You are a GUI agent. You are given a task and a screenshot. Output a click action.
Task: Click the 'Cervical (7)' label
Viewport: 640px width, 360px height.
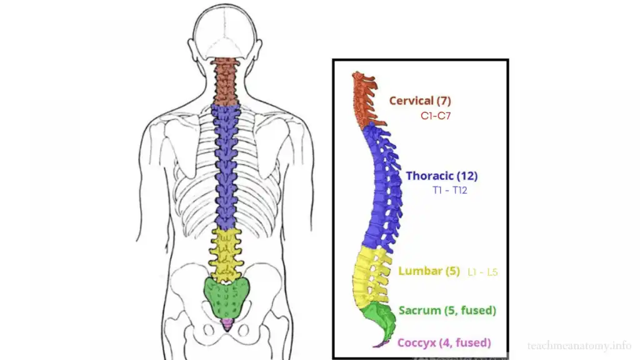[419, 100]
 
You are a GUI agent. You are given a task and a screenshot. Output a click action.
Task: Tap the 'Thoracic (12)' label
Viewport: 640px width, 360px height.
[441, 176]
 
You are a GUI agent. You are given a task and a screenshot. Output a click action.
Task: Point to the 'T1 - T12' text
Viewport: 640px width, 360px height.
[449, 190]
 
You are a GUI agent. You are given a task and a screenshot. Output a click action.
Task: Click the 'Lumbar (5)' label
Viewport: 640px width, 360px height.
[429, 271]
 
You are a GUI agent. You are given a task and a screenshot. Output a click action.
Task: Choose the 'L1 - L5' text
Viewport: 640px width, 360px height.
[482, 272]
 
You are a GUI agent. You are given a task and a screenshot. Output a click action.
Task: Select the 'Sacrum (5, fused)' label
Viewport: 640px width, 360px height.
[447, 310]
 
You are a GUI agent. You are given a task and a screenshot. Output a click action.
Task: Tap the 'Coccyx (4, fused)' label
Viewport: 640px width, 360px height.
[444, 342]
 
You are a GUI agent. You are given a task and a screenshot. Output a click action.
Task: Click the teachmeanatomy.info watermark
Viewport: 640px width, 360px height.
[579, 345]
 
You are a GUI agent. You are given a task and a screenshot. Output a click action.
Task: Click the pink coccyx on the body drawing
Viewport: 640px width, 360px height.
[227, 324]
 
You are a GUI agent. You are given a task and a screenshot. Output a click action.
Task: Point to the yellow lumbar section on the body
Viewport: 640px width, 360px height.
[226, 253]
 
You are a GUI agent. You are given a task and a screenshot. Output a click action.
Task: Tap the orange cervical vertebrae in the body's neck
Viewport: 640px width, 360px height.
[226, 81]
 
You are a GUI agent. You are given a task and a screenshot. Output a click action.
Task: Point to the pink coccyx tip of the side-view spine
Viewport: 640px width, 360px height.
[379, 344]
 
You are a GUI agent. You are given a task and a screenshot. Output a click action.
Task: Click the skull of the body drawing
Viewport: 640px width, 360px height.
[226, 31]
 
